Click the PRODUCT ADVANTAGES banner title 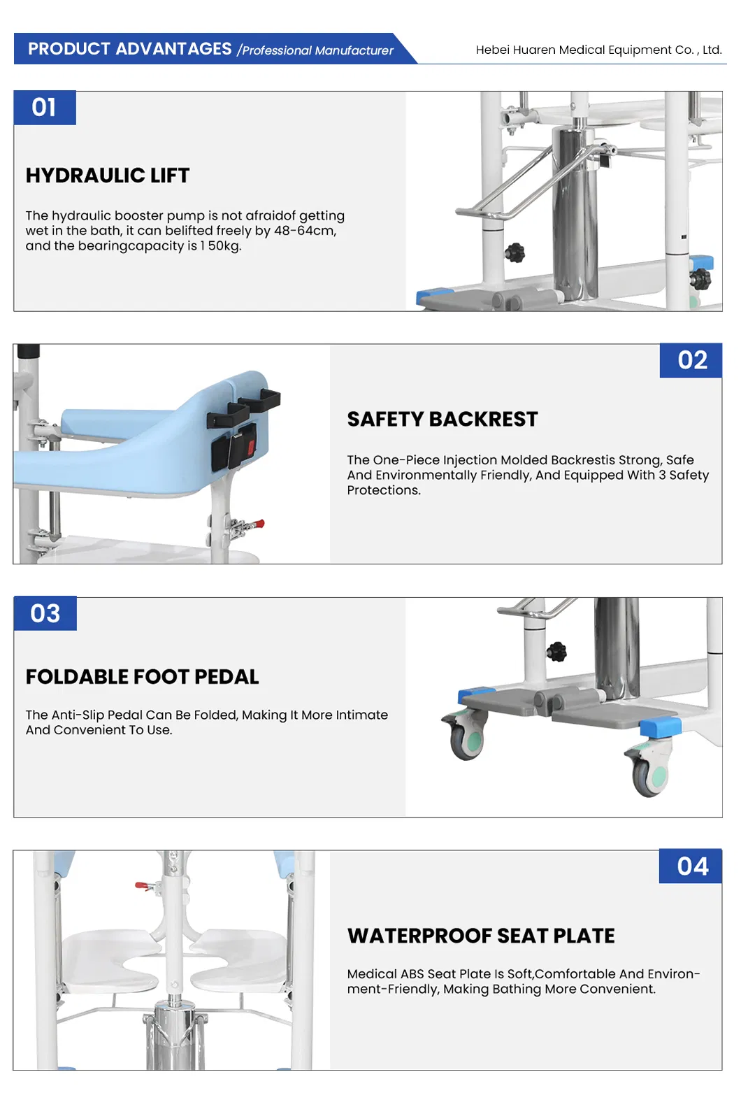tap(129, 49)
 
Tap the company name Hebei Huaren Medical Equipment tap(598, 50)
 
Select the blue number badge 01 tap(45, 108)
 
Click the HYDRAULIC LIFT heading tap(108, 176)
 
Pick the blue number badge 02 tap(691, 360)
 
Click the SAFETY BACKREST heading tap(443, 419)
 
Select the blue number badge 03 tap(45, 614)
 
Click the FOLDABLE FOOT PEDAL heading tap(142, 677)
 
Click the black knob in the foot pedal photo tap(556, 652)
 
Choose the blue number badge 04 tap(691, 866)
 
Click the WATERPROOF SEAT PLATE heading tap(481, 936)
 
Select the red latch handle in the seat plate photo tap(145, 886)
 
